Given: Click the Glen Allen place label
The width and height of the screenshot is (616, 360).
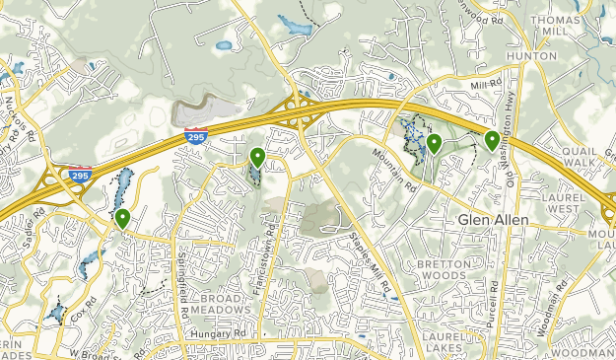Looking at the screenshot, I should [493, 219].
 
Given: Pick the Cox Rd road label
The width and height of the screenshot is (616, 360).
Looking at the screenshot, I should [87, 307].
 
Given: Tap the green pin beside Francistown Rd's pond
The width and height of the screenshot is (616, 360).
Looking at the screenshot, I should [257, 156].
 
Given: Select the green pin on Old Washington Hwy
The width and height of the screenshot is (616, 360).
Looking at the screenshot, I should [492, 140].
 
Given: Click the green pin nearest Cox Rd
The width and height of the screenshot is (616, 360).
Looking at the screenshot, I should [122, 218].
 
